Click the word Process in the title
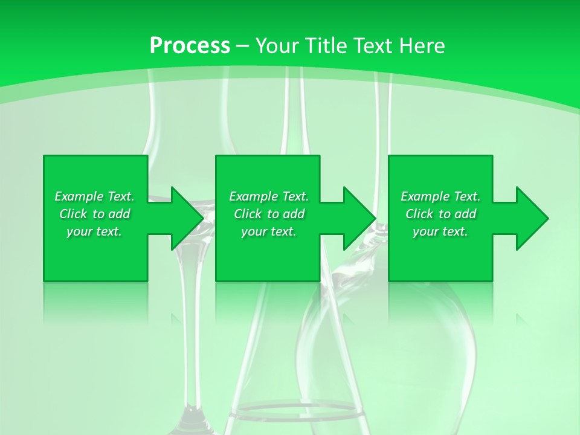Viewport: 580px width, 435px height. pos(190,46)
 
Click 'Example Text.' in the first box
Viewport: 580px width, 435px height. pos(94,196)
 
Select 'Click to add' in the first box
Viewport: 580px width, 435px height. pos(94,214)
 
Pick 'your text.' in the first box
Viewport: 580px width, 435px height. pos(94,231)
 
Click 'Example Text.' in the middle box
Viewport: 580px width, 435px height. pos(269,196)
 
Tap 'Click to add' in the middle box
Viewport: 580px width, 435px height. pos(269,214)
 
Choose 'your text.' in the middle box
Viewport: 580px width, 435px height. pos(269,231)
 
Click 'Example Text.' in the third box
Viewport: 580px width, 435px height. pos(440,196)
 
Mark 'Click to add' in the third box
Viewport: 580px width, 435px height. pos(440,214)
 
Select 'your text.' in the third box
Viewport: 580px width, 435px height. pos(440,231)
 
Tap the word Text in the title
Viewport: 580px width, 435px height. pos(373,46)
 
